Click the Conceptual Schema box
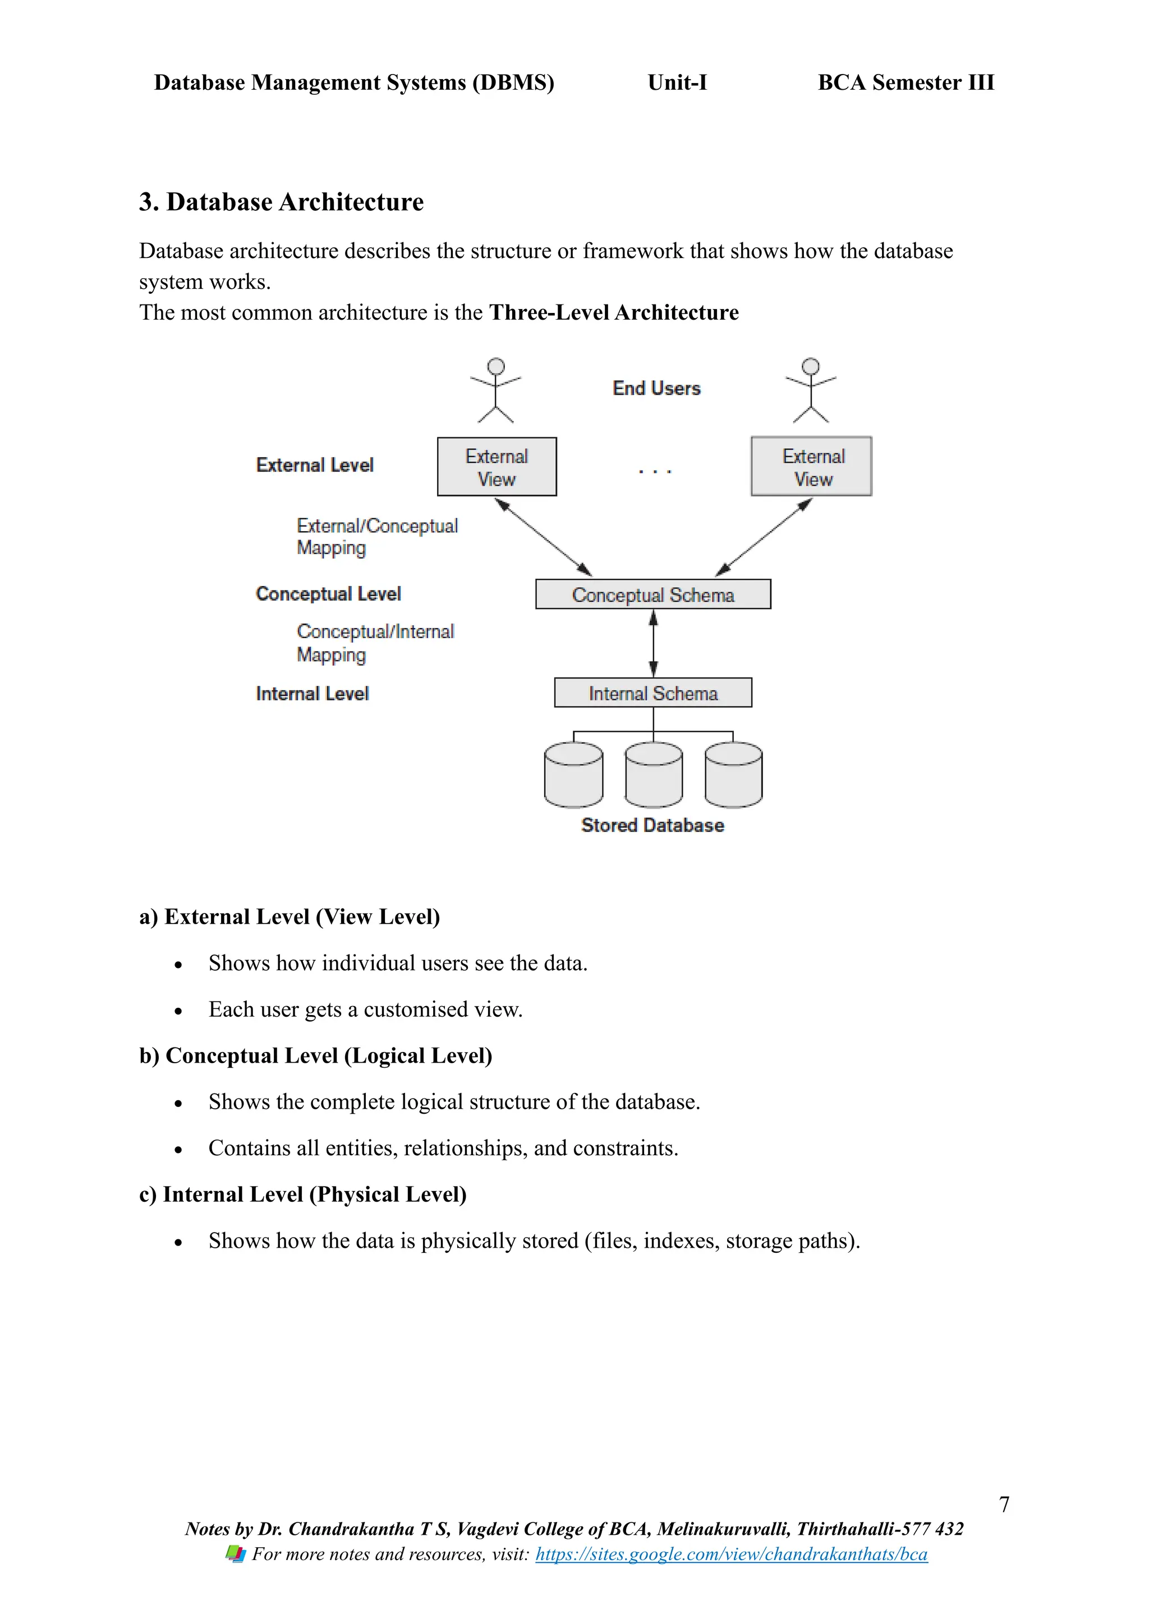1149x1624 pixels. (652, 594)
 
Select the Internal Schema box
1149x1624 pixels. (652, 693)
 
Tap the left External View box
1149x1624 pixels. (497, 467)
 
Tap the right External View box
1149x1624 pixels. (811, 467)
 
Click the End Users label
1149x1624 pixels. (656, 388)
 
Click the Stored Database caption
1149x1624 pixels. (652, 825)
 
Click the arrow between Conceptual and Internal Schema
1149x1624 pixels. (653, 643)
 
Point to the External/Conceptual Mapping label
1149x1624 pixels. (376, 537)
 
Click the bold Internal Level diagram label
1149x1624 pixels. (312, 694)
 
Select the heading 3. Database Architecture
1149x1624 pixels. (281, 202)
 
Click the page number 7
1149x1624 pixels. (1003, 1505)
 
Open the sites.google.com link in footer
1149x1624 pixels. (731, 1554)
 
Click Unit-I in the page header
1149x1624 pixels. (677, 83)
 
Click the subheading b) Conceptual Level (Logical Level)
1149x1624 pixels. (315, 1055)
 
